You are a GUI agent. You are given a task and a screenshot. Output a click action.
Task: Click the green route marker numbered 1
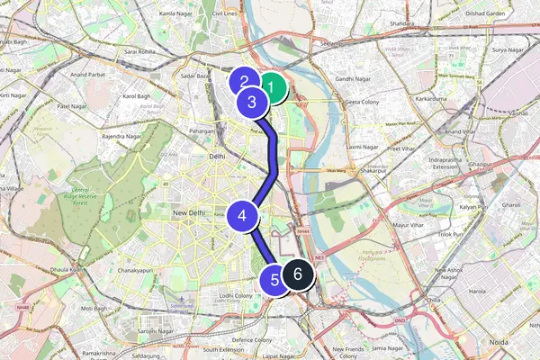[x=271, y=88]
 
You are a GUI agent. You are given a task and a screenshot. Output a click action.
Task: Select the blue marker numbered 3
[x=253, y=103]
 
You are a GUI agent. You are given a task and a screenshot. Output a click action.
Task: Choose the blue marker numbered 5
[x=275, y=280]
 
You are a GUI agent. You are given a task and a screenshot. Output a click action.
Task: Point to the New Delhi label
[x=190, y=212]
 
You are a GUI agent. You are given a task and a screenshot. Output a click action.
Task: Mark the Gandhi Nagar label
[x=354, y=80]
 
